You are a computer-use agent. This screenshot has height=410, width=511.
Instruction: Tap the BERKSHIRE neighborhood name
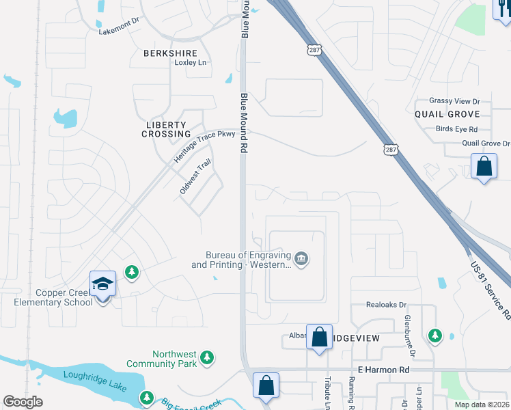171,53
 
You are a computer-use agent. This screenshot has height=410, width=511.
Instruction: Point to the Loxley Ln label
190,63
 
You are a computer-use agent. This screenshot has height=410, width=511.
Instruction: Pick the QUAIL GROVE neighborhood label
447,114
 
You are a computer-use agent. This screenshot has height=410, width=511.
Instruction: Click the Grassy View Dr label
454,100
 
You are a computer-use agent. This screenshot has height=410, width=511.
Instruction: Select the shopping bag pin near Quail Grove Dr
484,167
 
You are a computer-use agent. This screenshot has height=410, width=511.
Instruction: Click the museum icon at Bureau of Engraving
301,259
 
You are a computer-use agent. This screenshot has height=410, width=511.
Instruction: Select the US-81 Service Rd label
490,290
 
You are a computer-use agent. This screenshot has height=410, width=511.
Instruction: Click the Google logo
23,402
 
